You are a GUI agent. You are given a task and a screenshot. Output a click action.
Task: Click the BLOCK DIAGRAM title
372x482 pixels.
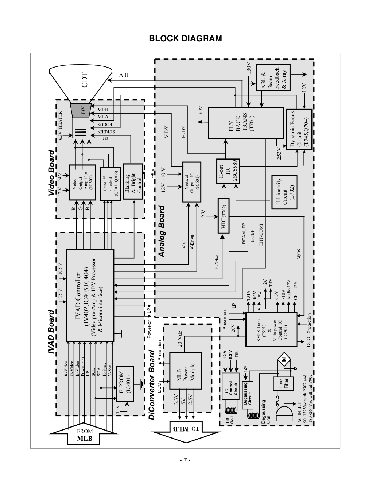point(185,39)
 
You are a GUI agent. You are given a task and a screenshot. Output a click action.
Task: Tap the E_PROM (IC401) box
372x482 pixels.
point(125,386)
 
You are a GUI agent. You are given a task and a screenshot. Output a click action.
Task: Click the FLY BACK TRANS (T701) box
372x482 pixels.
point(245,123)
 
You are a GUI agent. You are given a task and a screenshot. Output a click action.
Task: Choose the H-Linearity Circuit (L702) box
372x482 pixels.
point(284,193)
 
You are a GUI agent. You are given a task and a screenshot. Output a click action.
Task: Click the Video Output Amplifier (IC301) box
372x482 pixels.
point(82,182)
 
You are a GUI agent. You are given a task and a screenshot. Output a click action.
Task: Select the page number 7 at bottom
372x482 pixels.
point(185,460)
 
